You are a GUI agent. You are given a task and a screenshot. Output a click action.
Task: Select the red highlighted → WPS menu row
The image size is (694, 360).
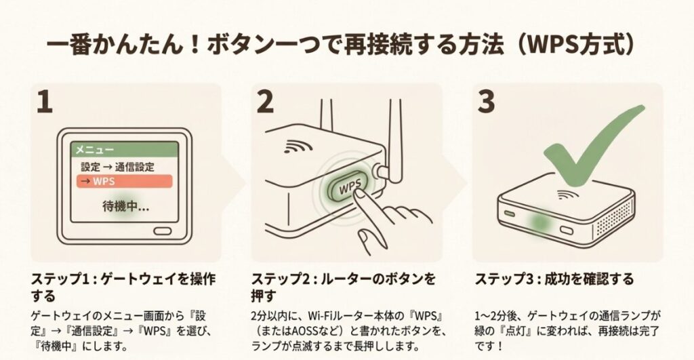(124, 181)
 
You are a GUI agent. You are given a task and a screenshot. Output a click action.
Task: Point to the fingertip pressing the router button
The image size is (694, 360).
(357, 197)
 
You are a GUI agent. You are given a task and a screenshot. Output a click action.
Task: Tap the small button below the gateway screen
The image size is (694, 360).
(163, 231)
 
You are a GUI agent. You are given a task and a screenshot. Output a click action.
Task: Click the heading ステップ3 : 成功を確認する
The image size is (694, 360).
(554, 279)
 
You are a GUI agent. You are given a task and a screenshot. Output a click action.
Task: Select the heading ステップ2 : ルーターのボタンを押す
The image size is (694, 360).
(343, 287)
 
